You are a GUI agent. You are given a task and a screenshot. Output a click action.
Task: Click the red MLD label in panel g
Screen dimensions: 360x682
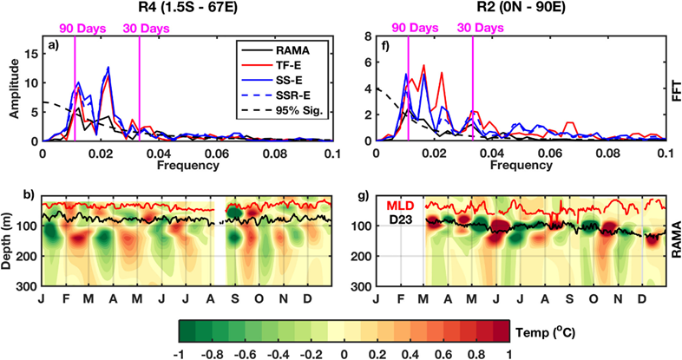click(x=397, y=206)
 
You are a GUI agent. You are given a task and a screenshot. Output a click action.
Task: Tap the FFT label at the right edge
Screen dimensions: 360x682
click(x=674, y=90)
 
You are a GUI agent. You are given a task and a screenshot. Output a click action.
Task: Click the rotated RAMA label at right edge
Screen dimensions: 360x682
click(x=674, y=240)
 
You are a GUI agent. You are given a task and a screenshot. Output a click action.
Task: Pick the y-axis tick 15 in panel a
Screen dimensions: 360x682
click(x=33, y=53)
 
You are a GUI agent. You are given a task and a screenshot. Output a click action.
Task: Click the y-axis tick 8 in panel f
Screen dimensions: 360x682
click(x=368, y=37)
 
